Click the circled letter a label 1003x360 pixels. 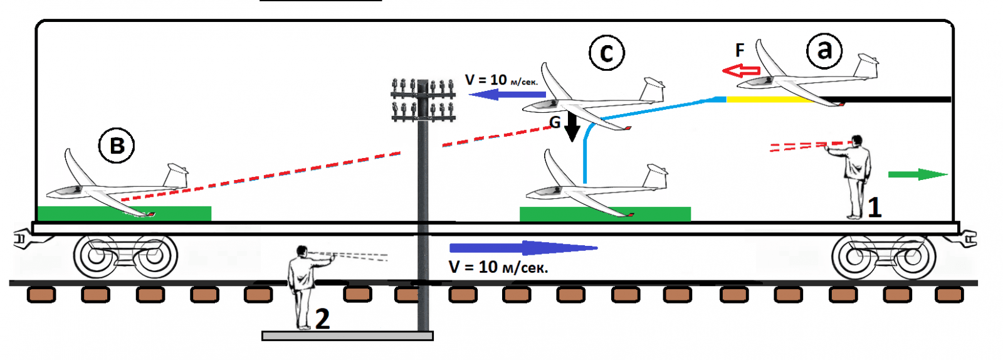pos(824,50)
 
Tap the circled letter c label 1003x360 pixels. pos(606,53)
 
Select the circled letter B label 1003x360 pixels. pos(117,146)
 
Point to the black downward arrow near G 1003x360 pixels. pos(572,127)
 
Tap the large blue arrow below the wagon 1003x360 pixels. pos(523,248)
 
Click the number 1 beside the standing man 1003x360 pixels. pos(874,207)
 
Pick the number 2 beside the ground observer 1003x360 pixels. pos(322,319)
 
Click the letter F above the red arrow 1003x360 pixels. pos(740,50)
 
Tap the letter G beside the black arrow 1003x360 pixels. pos(555,123)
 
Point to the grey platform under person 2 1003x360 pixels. pos(347,336)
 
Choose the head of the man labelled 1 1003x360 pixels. pos(856,140)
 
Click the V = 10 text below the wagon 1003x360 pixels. pos(498,268)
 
